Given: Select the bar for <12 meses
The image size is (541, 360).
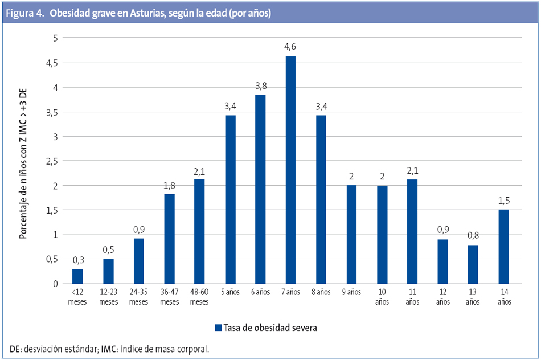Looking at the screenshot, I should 77,276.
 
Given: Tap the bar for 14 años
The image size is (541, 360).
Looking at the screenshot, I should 503,247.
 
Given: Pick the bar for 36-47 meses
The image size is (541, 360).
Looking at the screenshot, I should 169,239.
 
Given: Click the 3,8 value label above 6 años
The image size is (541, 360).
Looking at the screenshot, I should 260,85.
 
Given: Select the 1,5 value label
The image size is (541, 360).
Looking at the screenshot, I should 503,200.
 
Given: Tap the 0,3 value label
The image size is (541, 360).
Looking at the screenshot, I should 77,260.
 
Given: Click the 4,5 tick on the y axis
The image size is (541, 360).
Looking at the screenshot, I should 52,63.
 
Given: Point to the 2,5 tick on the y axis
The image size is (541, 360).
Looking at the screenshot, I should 52,161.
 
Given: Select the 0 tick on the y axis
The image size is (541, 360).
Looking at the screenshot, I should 55,284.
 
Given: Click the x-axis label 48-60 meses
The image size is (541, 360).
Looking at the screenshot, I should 199,297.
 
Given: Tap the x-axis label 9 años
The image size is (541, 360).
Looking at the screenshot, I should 351,293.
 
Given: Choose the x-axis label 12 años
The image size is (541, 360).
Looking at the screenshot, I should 442,297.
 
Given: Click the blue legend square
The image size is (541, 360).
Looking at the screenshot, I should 218,328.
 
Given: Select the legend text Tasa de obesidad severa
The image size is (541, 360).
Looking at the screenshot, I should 270,328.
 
